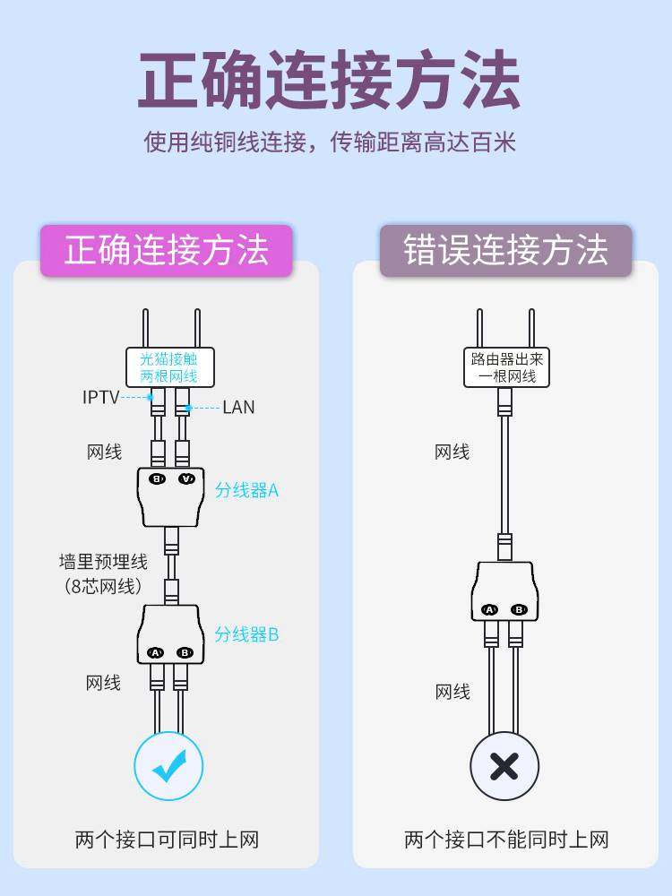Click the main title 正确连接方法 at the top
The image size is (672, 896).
point(330,81)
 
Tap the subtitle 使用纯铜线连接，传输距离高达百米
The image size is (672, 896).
point(330,142)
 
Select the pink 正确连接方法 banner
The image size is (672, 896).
point(166,250)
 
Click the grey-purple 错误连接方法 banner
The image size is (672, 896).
point(505,250)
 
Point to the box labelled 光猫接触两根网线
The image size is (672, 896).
point(168,367)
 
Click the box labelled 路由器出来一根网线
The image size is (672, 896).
point(506,367)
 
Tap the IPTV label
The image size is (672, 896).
point(100,397)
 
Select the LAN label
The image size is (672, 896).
point(238,408)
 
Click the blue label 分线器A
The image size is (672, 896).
point(246,490)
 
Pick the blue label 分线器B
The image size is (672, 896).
point(246,634)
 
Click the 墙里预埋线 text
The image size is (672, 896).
point(103,563)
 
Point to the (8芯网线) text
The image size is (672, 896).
point(103,587)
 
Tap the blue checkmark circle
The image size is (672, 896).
point(168,766)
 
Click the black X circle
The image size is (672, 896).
point(504,766)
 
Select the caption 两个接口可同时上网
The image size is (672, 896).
point(167,840)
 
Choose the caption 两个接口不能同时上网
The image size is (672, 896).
point(506,840)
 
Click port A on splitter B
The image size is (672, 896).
point(155,652)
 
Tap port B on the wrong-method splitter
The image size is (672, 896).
point(519,609)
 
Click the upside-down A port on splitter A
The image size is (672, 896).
point(185,478)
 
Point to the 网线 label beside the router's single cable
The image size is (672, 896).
point(452,452)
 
